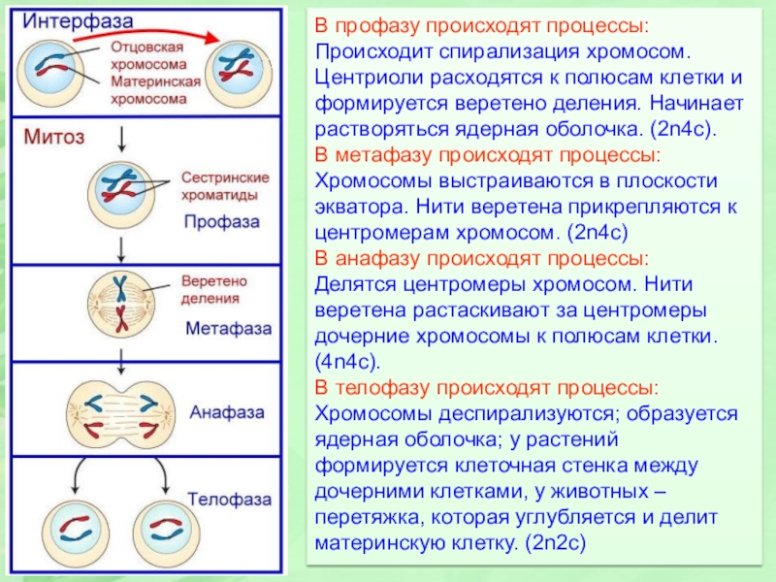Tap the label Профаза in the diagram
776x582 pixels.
222,221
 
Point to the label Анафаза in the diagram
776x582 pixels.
227,411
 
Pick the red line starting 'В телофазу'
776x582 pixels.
488,388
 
